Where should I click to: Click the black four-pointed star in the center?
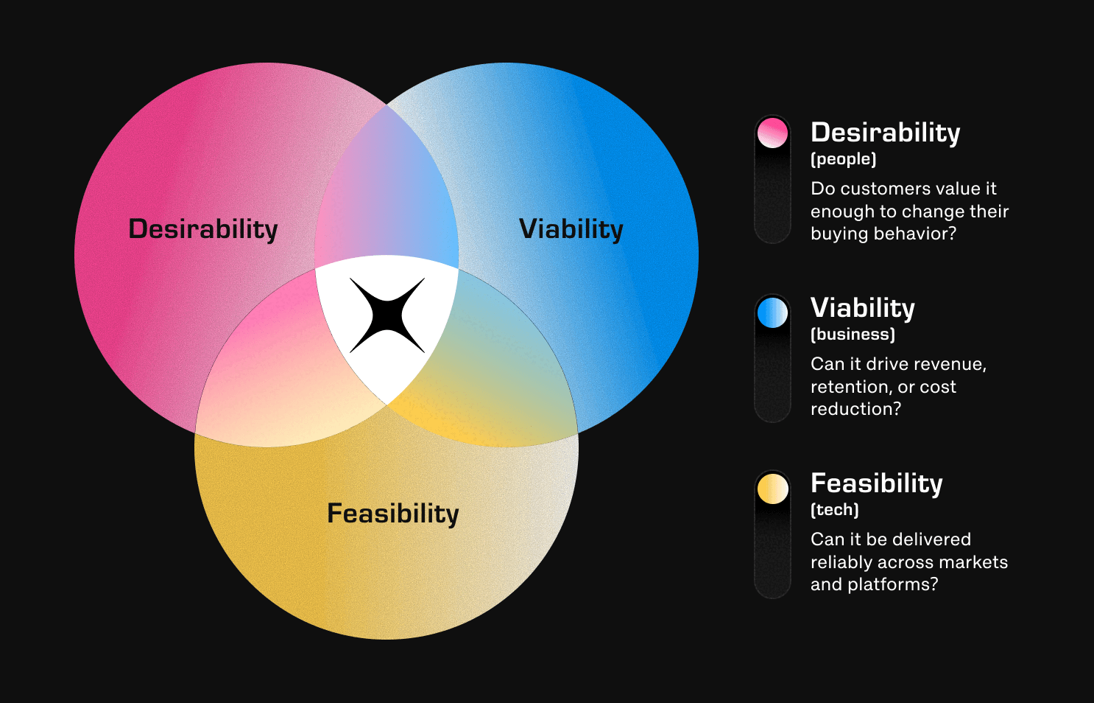[x=387, y=315]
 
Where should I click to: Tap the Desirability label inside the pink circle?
[x=203, y=228]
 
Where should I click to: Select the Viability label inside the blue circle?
[x=571, y=228]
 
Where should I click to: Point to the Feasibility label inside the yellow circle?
[x=393, y=514]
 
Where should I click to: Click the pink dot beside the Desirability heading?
[x=772, y=133]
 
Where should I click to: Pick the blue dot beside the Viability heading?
[x=772, y=312]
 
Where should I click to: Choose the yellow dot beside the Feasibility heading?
[x=772, y=488]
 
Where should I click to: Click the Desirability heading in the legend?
[x=886, y=133]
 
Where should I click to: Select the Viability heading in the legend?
[x=863, y=308]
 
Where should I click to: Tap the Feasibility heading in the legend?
[x=877, y=483]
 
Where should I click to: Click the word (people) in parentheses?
[x=844, y=159]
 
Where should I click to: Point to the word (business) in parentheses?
[x=853, y=335]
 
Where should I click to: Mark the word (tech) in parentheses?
[x=835, y=510]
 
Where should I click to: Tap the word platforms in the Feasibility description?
[x=893, y=584]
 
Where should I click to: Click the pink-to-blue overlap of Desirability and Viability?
[x=386, y=195]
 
